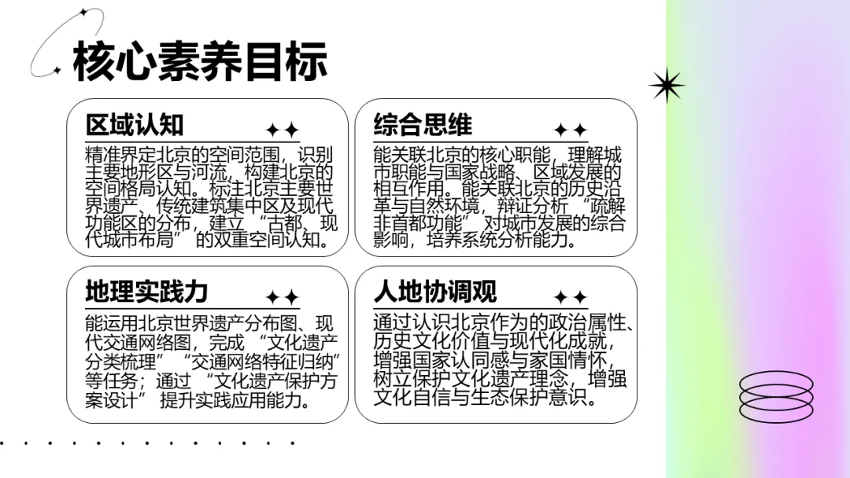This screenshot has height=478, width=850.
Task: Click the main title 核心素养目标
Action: coord(199,61)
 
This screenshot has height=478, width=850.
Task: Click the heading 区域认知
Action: coord(135,124)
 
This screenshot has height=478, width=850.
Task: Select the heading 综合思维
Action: coord(423,124)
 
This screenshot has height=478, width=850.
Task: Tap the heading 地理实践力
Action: coord(146,291)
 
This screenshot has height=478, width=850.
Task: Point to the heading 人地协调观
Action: coord(434,291)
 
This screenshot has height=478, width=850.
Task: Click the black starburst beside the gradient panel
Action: coord(667,86)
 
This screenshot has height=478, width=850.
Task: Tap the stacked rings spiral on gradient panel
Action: coord(776,396)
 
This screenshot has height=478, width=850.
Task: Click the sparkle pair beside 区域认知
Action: coord(283,130)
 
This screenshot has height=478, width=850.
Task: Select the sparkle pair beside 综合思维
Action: coord(571,130)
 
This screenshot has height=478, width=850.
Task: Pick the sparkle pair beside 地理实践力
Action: coord(283,297)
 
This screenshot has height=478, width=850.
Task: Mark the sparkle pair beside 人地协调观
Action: coord(571,297)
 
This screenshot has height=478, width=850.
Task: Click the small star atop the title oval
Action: coord(83,12)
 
